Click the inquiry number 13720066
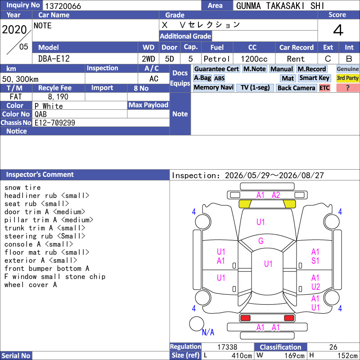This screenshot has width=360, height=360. click(63, 6)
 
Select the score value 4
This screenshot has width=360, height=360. click(338, 30)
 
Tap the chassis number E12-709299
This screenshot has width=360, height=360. click(54, 122)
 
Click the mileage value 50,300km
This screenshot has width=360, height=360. click(20, 79)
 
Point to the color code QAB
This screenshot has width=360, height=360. click(40, 114)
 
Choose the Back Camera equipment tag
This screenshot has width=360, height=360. click(296, 88)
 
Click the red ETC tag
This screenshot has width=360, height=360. click(324, 88)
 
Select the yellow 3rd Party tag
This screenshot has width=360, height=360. click(347, 78)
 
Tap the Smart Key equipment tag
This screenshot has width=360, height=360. click(314, 78)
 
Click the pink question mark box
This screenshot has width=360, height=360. click(347, 88)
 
